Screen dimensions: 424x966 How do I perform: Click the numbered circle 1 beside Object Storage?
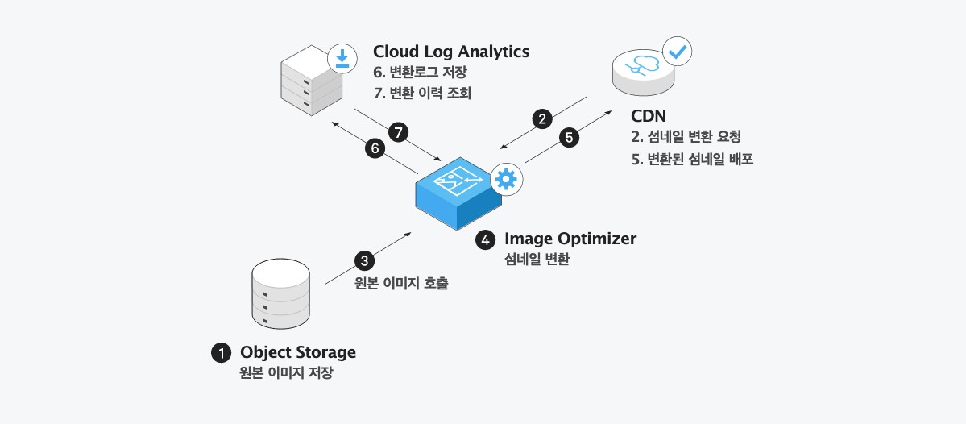[219, 352]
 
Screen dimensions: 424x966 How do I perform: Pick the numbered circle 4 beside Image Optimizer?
[485, 239]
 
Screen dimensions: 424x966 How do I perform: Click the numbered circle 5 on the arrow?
[570, 137]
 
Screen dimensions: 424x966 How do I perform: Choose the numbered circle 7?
[397, 131]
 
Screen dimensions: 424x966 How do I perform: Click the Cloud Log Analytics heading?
[451, 52]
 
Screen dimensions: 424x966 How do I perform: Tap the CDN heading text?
[648, 117]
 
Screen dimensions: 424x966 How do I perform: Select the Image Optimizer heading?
[570, 239]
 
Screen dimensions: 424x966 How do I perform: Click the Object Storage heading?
[298, 352]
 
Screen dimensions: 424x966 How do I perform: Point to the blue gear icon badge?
[506, 179]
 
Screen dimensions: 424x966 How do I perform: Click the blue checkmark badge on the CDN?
[678, 52]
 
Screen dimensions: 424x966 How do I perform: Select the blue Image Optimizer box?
[455, 193]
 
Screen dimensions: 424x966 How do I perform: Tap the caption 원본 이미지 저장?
[286, 373]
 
